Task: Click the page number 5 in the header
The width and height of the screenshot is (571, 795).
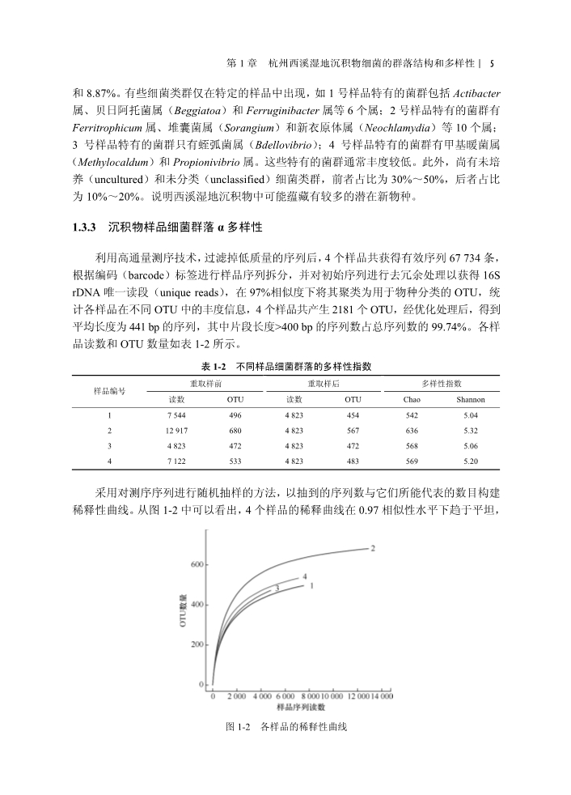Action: coord(493,62)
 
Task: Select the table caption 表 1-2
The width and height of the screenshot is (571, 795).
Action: coord(213,367)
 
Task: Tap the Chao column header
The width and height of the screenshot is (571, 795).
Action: coord(412,399)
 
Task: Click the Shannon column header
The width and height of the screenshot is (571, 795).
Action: coord(470,399)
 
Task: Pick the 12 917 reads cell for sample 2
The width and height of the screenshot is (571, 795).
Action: coord(176,430)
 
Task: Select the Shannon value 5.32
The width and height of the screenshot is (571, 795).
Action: coord(470,430)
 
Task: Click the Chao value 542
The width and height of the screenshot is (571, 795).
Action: coord(412,415)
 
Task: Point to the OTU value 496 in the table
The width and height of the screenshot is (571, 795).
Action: coord(235,415)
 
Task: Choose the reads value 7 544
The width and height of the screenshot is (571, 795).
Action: coord(176,415)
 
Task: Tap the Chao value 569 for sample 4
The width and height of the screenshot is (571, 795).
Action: coord(412,460)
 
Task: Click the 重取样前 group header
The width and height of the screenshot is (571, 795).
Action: coord(205,383)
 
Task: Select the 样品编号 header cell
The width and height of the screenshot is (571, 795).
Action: coord(109,391)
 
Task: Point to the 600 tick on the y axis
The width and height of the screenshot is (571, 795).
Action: coord(197,564)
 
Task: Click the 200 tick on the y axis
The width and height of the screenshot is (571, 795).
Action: coord(197,644)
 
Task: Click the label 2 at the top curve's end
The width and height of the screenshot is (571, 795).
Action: coord(373,548)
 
